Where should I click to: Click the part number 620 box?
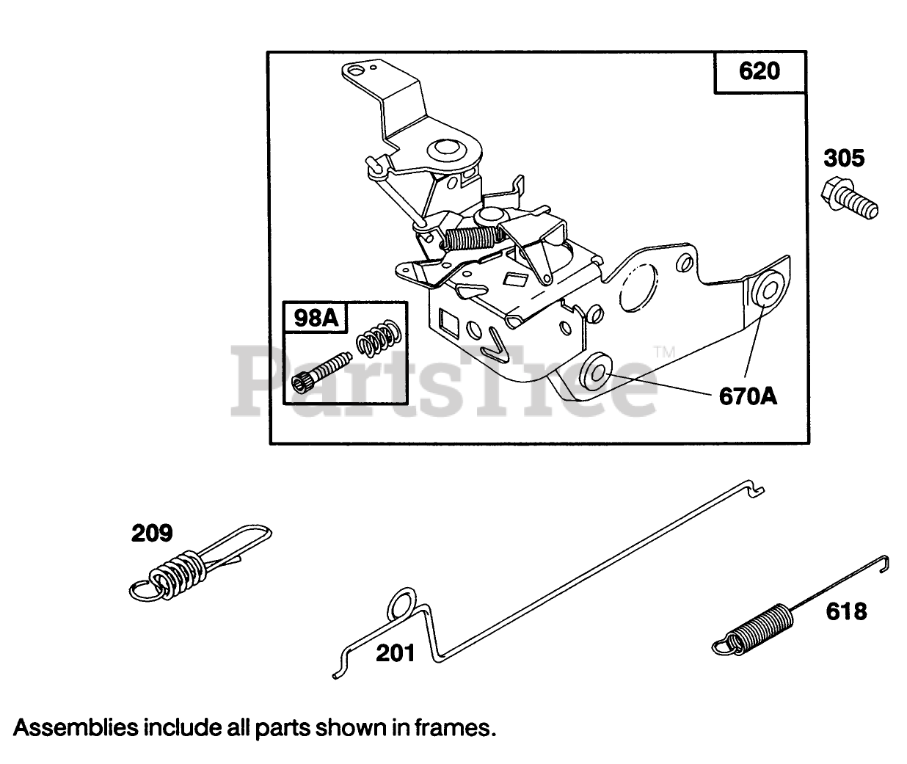[x=760, y=72]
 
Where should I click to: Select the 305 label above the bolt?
[x=843, y=158]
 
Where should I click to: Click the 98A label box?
[x=315, y=318]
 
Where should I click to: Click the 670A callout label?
[x=747, y=396]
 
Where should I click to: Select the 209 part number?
[x=152, y=533]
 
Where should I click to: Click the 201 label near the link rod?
[x=396, y=652]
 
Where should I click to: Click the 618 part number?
[x=845, y=611]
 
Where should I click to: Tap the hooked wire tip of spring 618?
[x=886, y=563]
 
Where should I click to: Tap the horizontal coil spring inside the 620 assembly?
[x=473, y=237]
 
